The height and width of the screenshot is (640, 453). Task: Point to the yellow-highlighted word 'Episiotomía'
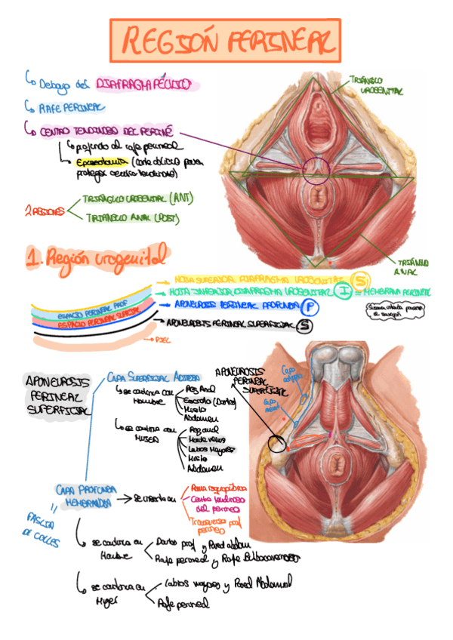[101, 162]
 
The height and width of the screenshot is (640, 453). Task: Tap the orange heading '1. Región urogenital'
[98, 259]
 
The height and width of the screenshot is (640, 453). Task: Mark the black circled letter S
[304, 325]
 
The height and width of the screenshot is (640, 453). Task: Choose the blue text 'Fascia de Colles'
[39, 528]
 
